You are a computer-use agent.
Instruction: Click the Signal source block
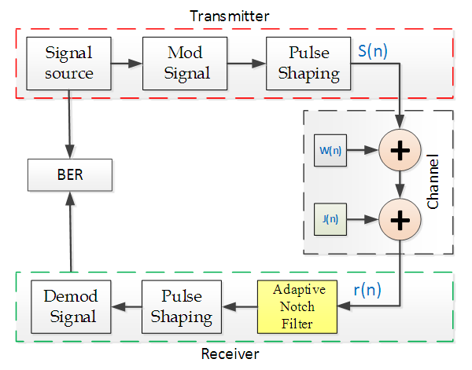point(69,64)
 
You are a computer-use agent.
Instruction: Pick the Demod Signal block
point(69,306)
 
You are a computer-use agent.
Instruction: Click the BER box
point(69,174)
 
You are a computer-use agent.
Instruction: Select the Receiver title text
point(230,354)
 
